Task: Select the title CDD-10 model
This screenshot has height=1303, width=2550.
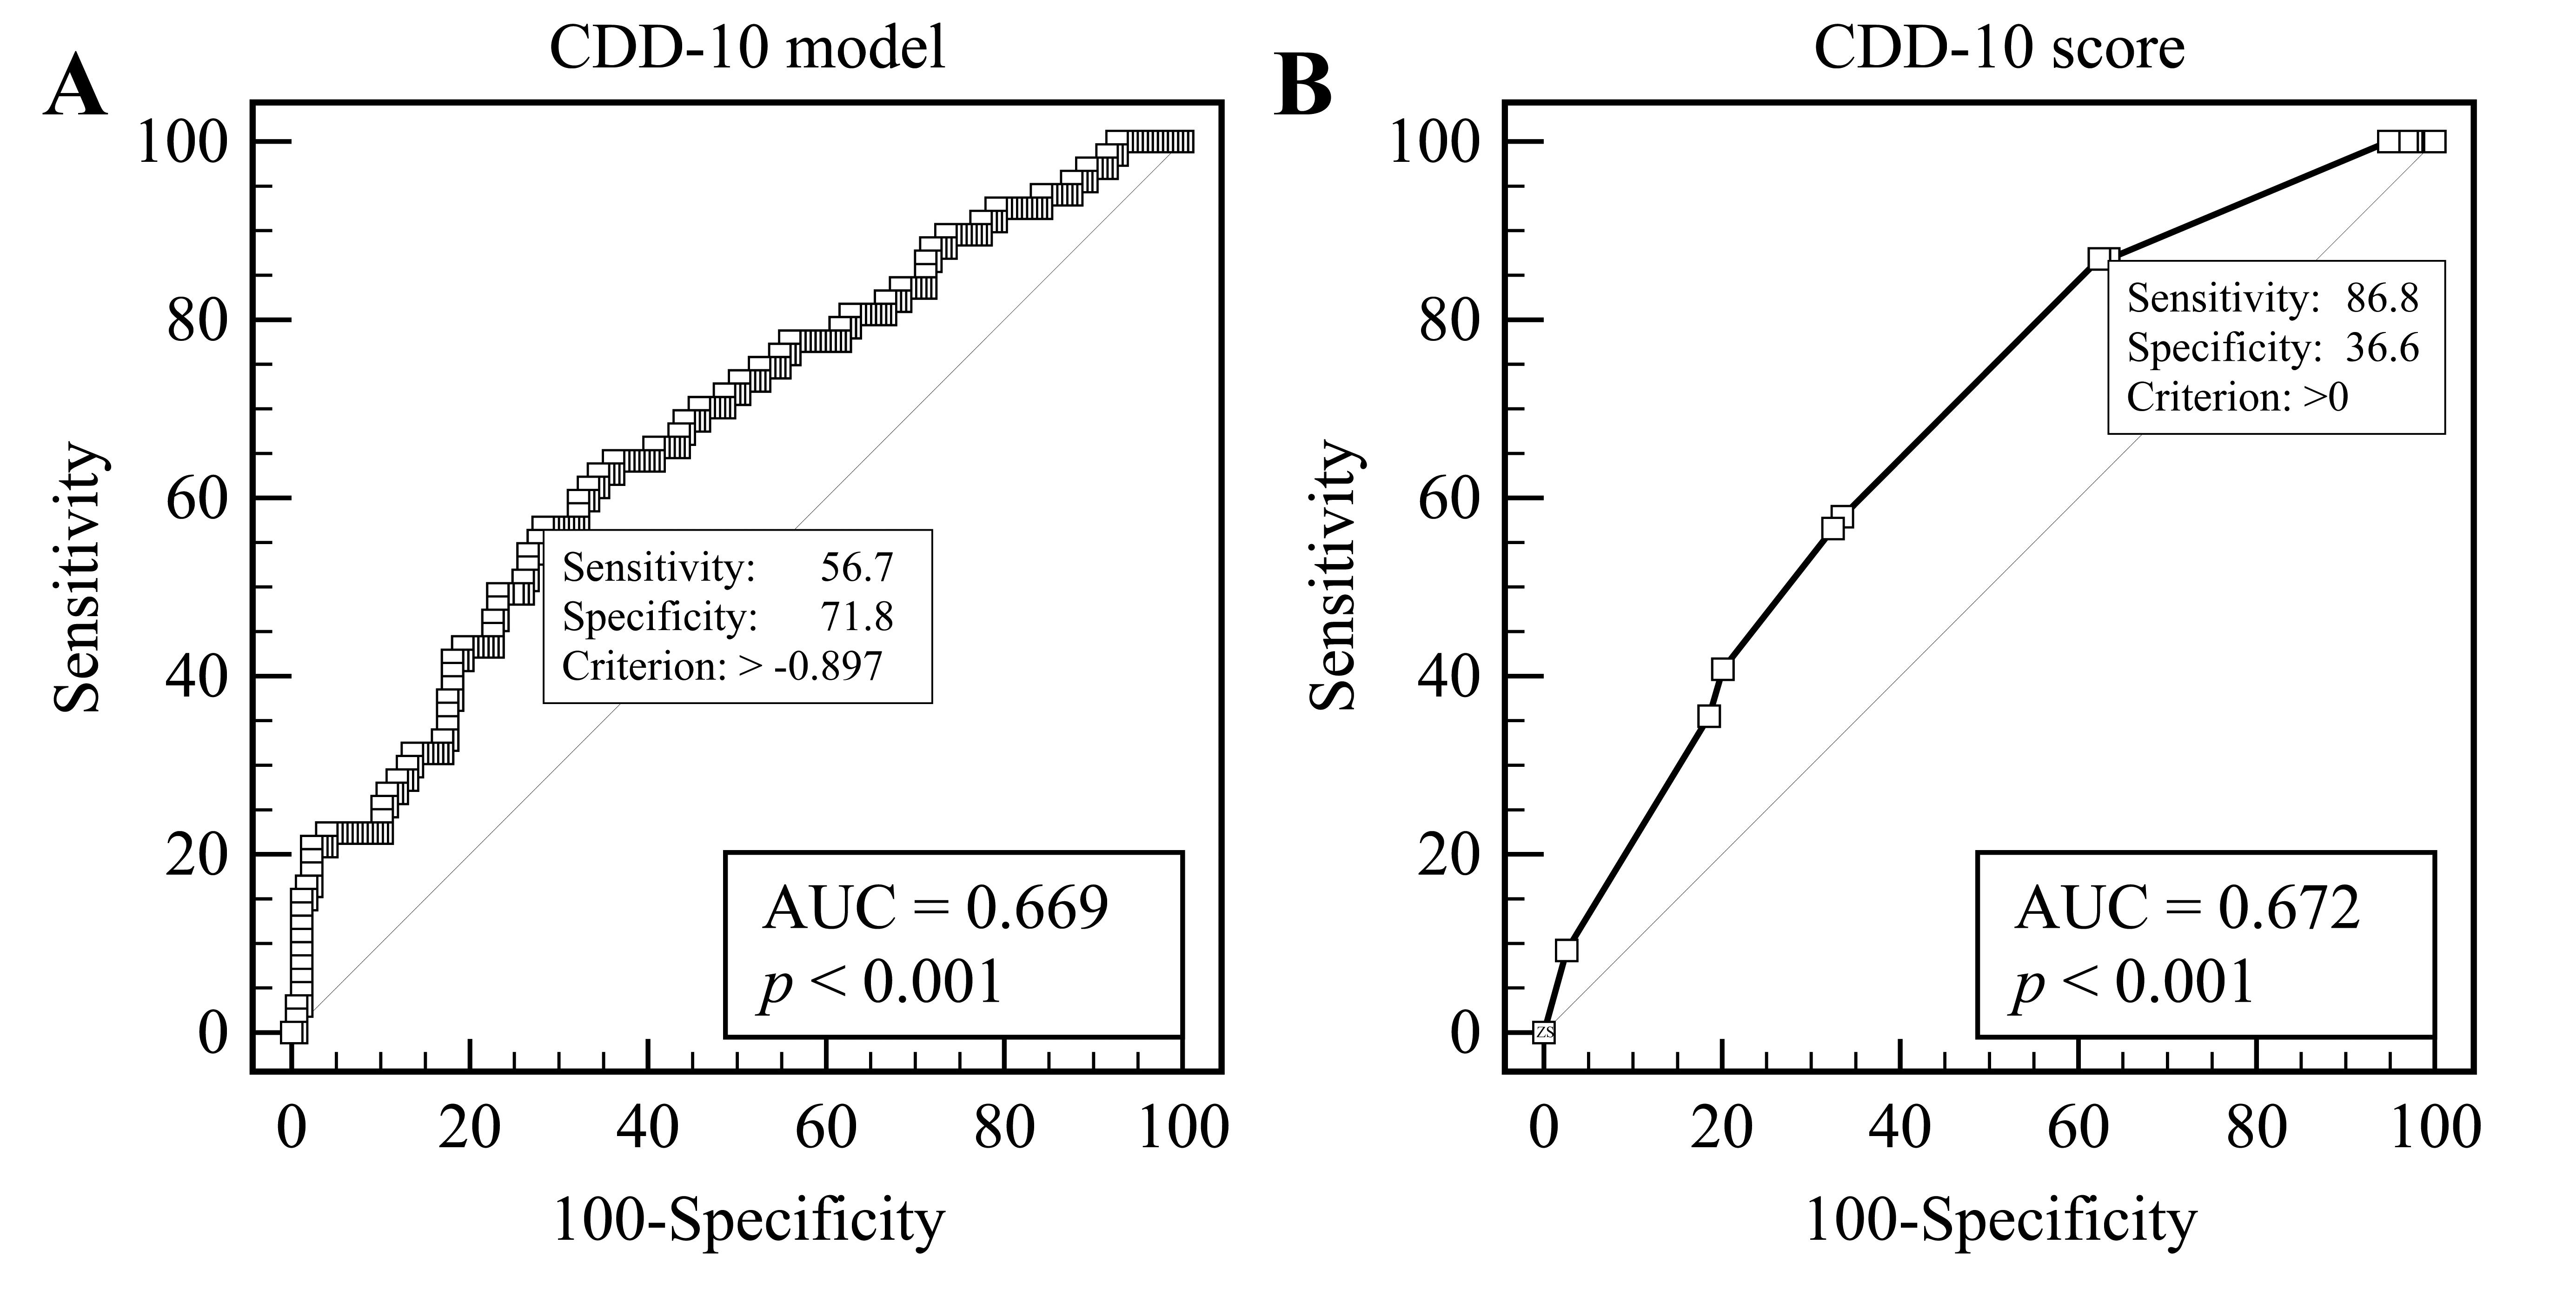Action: coord(747,47)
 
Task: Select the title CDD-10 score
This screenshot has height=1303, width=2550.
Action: coord(1999,47)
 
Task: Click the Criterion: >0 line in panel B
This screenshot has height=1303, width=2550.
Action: coord(2237,397)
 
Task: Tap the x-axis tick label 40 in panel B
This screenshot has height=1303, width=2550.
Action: coord(1900,1129)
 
